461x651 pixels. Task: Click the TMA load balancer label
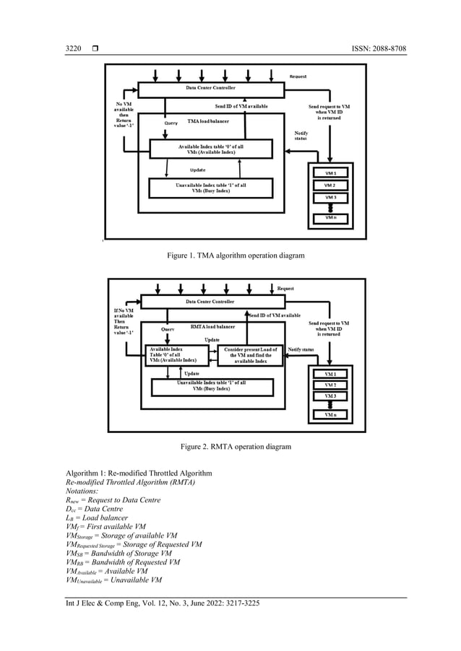point(210,121)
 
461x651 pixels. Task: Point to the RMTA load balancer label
point(212,327)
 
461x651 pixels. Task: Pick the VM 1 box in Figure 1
point(330,173)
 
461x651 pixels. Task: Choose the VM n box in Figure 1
point(330,217)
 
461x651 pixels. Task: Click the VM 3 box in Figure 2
point(330,396)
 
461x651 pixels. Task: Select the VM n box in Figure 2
point(330,416)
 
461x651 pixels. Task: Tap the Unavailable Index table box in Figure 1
point(211,188)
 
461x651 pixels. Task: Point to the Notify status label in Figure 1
point(301,136)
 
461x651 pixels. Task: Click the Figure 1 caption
point(231,255)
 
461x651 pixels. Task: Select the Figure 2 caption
point(231,447)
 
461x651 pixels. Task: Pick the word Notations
point(85,490)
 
